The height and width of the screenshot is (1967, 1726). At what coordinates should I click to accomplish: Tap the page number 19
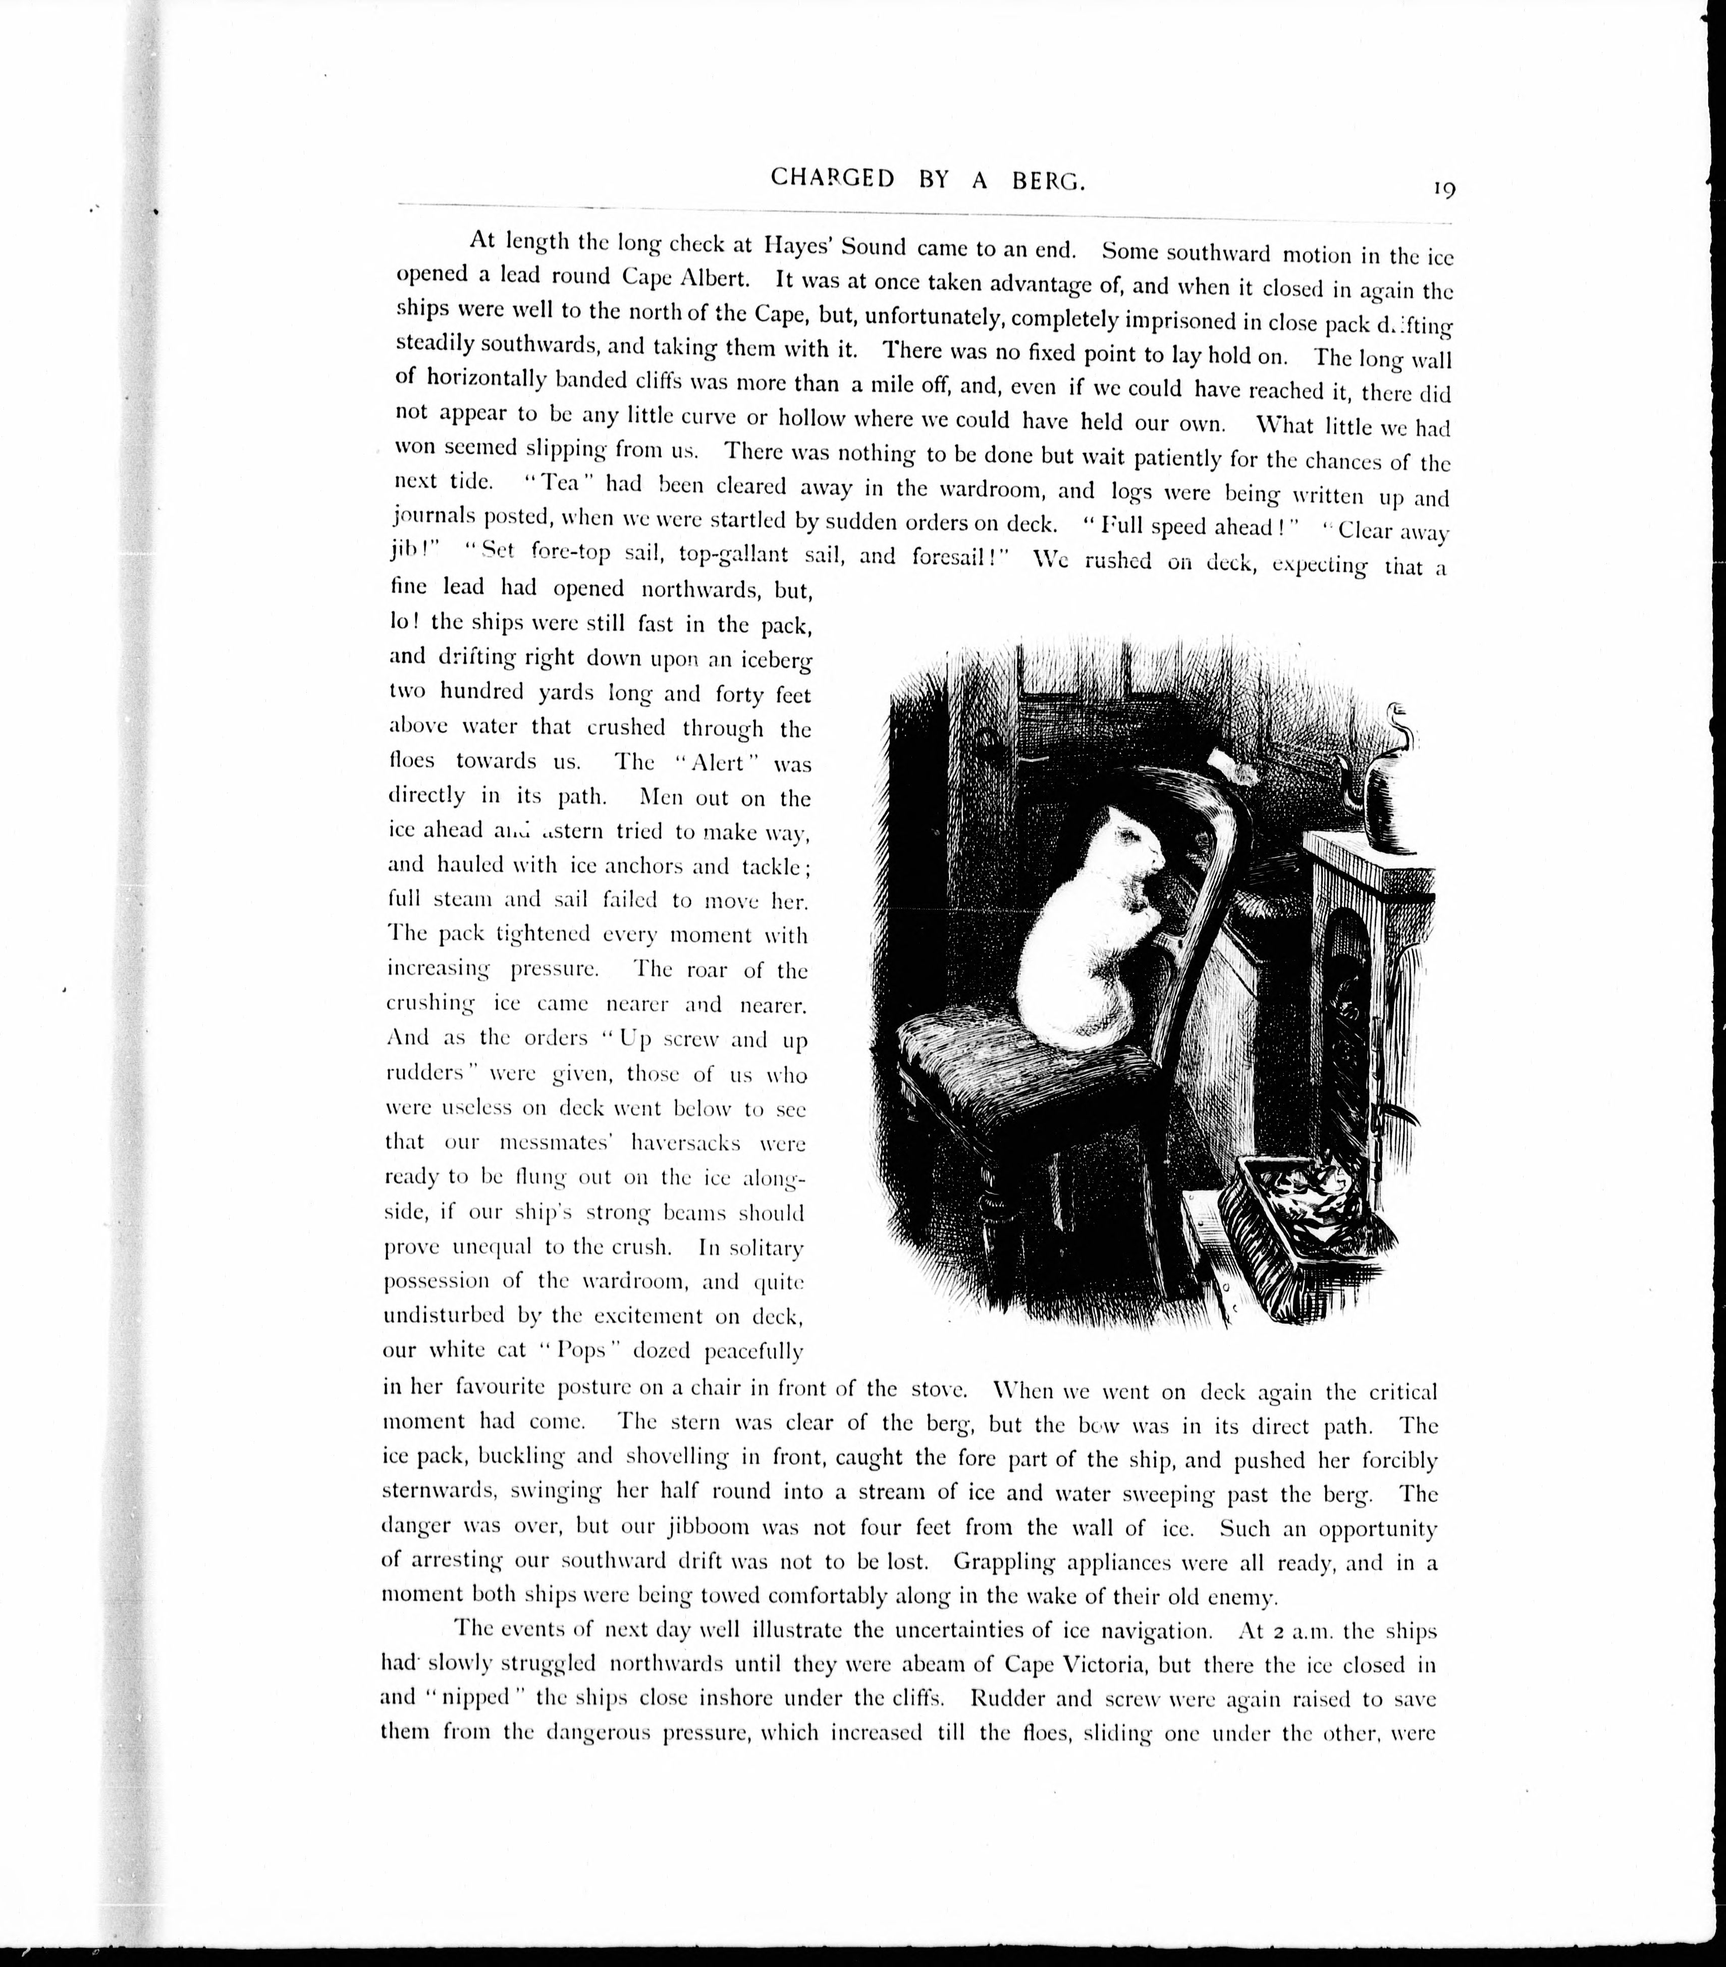point(1443,189)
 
